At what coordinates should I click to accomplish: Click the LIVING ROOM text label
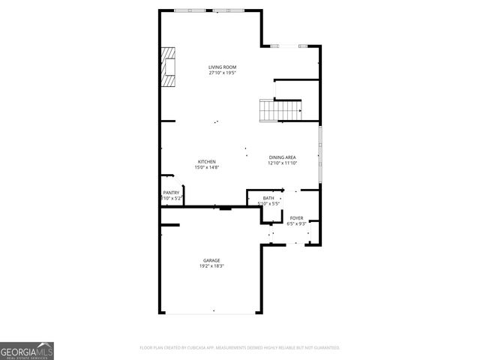222,67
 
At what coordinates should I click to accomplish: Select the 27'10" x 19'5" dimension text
222,73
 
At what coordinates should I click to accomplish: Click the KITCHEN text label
207,161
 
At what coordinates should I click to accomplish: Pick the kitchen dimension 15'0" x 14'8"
207,167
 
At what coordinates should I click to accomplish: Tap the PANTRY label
171,193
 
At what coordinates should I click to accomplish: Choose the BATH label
268,198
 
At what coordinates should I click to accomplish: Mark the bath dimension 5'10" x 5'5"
268,203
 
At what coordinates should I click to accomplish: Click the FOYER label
296,217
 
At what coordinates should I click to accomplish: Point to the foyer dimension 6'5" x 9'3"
296,223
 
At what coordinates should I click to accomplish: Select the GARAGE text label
211,260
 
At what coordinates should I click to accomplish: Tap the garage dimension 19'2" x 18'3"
211,266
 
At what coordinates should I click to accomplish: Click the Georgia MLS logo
27,351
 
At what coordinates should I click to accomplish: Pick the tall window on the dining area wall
320,154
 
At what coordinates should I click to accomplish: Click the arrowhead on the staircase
300,112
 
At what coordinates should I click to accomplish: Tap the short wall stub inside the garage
170,223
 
